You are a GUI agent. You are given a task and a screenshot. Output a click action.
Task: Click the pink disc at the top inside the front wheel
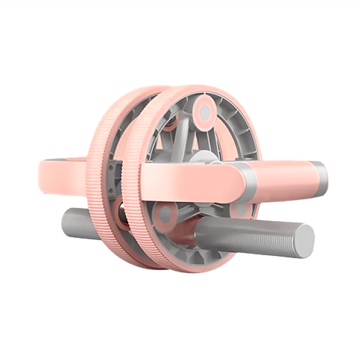(x=205, y=111)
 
